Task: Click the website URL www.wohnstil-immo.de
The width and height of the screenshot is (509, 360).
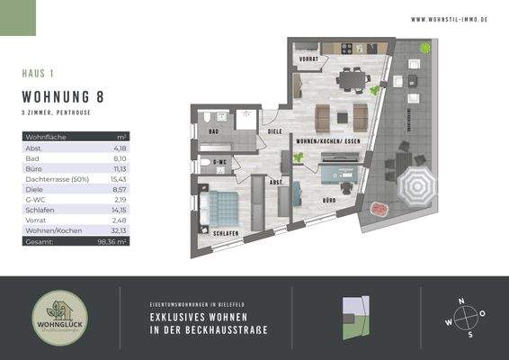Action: point(449,19)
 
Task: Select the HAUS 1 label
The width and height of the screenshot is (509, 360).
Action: point(38,73)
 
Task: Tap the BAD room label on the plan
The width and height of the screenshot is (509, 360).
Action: point(213,131)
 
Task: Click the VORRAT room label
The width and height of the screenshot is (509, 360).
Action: point(309,61)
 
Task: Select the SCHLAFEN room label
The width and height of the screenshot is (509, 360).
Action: point(227,233)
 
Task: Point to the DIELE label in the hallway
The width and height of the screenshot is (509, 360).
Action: point(274,132)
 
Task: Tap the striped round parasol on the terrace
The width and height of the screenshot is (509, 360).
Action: point(416,188)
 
